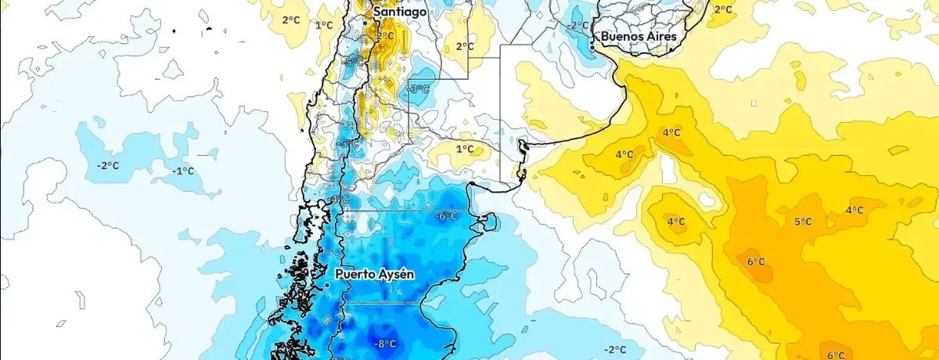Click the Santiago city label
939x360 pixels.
click(x=400, y=13)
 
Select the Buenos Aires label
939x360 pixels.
click(x=640, y=36)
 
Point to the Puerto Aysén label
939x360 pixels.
click(x=375, y=274)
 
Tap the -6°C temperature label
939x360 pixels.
click(x=448, y=216)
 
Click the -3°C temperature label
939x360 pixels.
click(x=419, y=89)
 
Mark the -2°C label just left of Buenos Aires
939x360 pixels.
click(x=577, y=26)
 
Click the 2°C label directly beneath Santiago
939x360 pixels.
click(x=385, y=36)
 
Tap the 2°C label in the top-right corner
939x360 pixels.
click(x=723, y=9)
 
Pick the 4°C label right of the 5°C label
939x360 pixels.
click(x=854, y=210)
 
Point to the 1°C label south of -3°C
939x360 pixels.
click(x=465, y=149)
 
